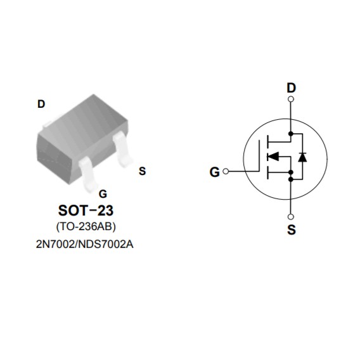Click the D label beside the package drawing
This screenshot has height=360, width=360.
tap(41, 104)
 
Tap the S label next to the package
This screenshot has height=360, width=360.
tap(143, 171)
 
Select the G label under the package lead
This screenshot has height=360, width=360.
tap(103, 194)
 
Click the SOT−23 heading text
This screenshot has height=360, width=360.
tap(86, 210)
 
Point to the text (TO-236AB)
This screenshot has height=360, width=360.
tap(86, 227)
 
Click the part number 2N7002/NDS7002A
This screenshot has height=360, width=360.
tap(85, 244)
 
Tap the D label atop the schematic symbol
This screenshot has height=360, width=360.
tap(291, 87)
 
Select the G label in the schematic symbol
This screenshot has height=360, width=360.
tap(215, 172)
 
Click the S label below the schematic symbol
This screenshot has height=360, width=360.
tap(292, 229)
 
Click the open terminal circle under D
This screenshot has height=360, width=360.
tap(291, 99)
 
